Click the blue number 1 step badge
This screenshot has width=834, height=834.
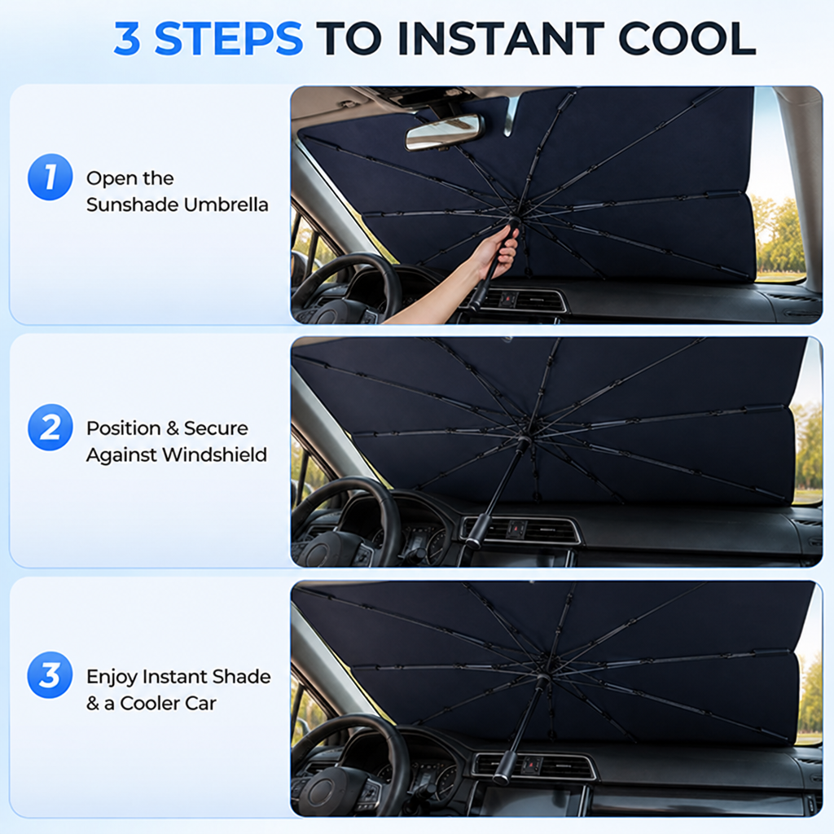pos(50,177)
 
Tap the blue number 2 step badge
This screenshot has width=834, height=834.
pos(50,427)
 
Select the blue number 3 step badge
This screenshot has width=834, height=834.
pos(50,675)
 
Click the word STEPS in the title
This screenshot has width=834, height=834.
pos(229,38)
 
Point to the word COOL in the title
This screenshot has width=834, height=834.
pos(687,38)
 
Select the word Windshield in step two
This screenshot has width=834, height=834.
pos(214,454)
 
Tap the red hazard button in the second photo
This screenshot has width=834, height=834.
pos(515,529)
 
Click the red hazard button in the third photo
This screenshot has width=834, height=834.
pos(532,766)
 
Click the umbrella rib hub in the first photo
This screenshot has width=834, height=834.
pos(514,221)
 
